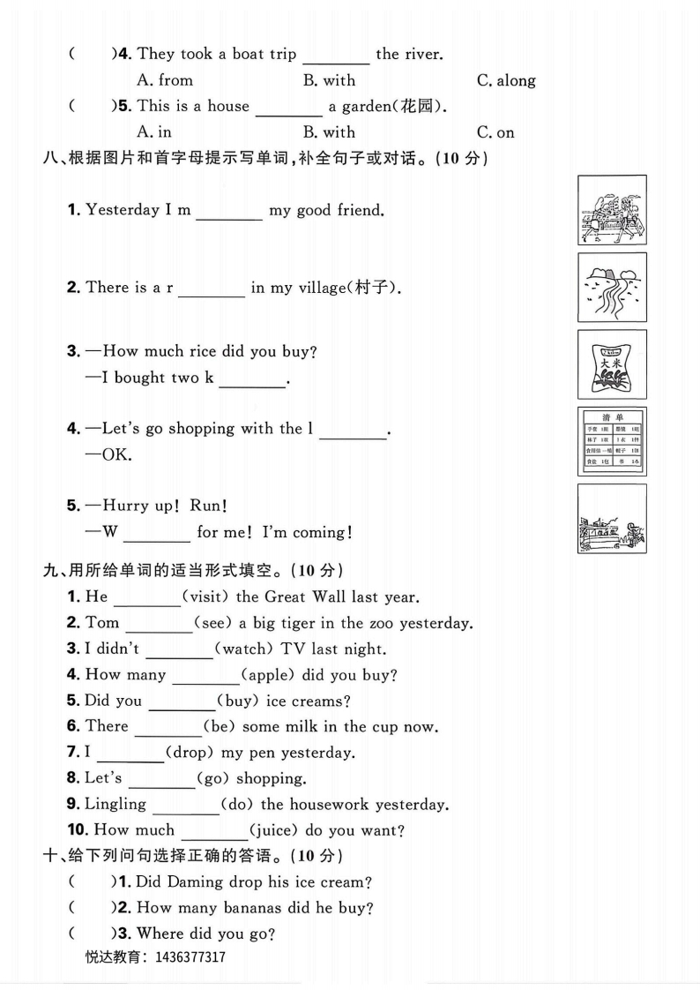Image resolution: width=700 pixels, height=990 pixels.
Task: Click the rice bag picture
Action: pos(612,364)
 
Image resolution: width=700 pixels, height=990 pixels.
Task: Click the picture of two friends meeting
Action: pos(612,209)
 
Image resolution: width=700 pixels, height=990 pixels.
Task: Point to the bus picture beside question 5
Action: pos(612,519)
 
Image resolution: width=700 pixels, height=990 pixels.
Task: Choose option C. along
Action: pos(506,80)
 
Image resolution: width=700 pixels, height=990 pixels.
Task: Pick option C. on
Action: pos(495,132)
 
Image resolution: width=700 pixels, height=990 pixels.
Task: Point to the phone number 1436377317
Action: pos(190,957)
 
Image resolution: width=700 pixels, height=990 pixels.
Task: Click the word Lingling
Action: pos(115,804)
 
